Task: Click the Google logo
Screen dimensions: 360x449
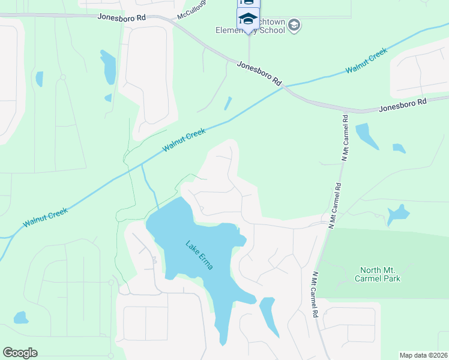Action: pos(20,353)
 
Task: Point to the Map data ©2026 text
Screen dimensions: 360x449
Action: pos(424,355)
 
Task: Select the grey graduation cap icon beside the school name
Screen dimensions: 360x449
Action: pos(294,25)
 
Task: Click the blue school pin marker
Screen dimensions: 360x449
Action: pos(248,20)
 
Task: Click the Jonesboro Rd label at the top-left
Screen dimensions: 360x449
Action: pos(122,17)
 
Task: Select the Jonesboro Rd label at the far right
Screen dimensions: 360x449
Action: pos(402,105)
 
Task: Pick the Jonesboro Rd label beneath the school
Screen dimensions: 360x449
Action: pos(259,72)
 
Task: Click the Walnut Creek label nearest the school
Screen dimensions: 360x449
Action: pos(366,62)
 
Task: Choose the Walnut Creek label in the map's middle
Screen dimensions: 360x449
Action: pos(184,140)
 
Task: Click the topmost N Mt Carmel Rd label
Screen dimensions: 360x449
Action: pos(345,137)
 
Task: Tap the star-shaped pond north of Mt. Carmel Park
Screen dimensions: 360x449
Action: pos(398,214)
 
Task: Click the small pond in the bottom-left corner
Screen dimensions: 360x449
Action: pos(20,317)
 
